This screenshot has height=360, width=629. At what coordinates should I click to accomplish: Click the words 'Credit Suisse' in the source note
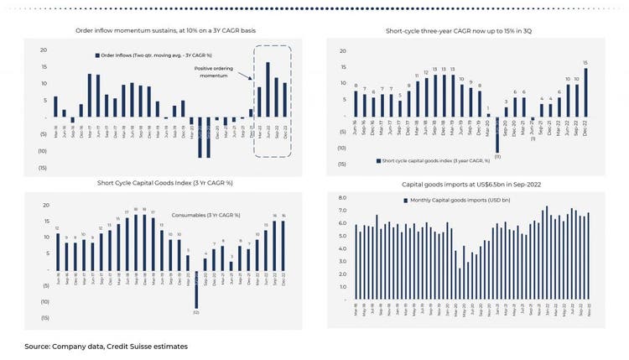[x=125, y=346]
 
